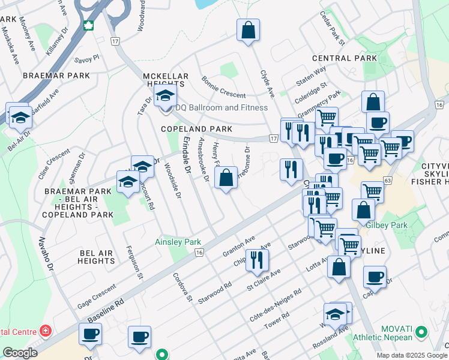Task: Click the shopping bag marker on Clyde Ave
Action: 248,30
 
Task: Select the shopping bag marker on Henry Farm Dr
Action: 225,178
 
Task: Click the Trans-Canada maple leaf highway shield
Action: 89,26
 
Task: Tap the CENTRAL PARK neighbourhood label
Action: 345,58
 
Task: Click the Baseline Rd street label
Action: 105,311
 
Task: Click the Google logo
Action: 20,353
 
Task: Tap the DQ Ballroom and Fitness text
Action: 221,108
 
